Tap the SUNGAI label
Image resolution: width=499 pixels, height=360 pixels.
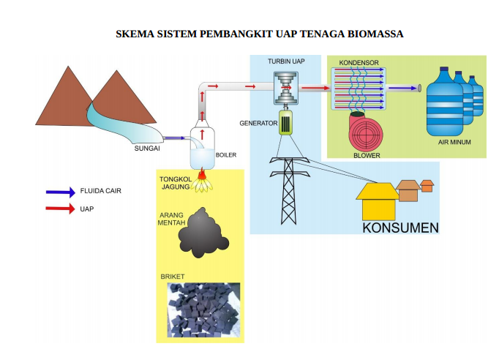coord(147,148)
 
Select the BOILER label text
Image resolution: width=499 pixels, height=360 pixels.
coord(225,154)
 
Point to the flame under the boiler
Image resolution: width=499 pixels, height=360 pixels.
coord(202,184)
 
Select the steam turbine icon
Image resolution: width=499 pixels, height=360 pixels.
coord(285,89)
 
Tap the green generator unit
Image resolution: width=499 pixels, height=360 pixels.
coord(286,122)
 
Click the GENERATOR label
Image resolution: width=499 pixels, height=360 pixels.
coord(258,123)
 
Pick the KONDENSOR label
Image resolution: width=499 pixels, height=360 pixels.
coord(359,64)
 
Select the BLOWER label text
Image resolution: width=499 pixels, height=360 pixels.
coord(367,155)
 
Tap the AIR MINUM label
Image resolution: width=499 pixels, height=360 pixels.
coord(454,141)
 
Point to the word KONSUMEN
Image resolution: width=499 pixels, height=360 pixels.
coord(400,227)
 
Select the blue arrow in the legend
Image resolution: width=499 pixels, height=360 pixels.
coord(60,192)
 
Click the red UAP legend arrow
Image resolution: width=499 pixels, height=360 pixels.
coord(60,209)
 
